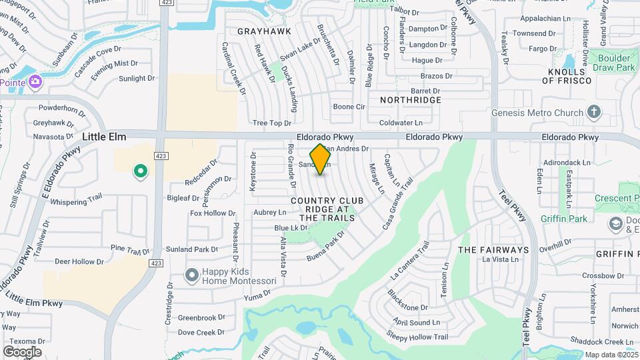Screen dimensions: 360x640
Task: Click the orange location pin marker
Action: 320,159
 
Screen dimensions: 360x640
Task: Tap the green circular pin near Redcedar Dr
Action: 141,172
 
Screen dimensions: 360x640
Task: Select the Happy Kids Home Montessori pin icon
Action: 192,275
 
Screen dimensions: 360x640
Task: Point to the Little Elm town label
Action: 104,137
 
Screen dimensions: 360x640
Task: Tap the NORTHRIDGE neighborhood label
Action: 411,100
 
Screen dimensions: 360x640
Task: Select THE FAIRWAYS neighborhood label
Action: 493,250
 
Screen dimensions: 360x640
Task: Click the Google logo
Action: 22,352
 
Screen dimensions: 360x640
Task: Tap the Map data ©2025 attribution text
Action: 611,355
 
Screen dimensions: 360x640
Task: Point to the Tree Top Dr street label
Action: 272,123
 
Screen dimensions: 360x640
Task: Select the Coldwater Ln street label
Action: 401,123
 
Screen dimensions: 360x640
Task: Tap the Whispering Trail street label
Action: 76,201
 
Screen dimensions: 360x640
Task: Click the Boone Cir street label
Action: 349,107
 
